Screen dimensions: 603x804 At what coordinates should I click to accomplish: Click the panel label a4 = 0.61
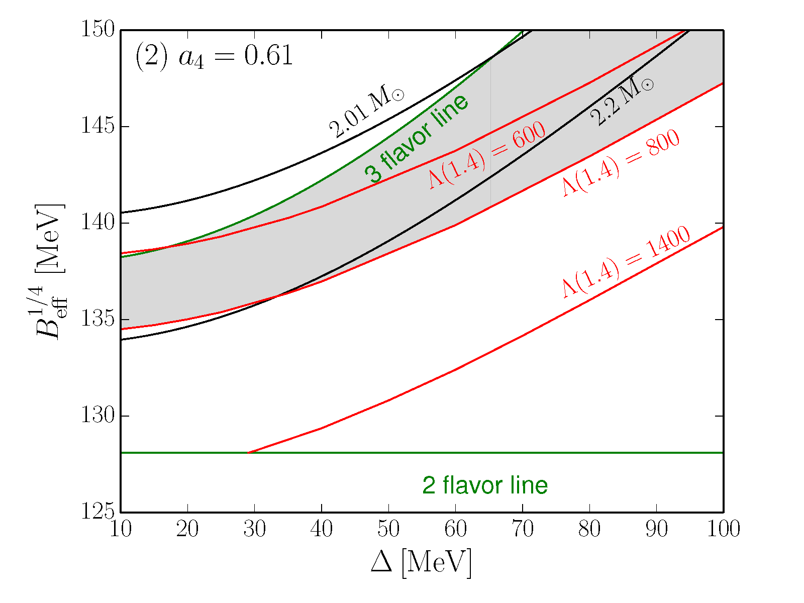pyautogui.click(x=214, y=56)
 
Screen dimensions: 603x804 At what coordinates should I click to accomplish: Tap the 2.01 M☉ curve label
pyautogui.click(x=366, y=114)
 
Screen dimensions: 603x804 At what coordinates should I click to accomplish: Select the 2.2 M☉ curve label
pyautogui.click(x=622, y=103)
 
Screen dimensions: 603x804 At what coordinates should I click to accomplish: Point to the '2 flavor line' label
pyautogui.click(x=485, y=485)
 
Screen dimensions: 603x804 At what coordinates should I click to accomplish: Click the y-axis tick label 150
pyautogui.click(x=97, y=29)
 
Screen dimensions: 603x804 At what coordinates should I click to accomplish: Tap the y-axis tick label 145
pyautogui.click(x=97, y=126)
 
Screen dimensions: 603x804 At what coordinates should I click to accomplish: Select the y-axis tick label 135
pyautogui.click(x=97, y=320)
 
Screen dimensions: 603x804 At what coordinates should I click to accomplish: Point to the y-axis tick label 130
pyautogui.click(x=97, y=416)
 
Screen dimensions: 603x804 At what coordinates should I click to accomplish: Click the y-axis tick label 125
pyautogui.click(x=97, y=512)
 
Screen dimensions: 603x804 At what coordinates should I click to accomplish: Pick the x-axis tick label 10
pyautogui.click(x=121, y=529)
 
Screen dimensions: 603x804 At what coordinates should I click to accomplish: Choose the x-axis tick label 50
pyautogui.click(x=388, y=529)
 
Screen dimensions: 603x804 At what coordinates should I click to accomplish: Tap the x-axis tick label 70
pyautogui.click(x=523, y=529)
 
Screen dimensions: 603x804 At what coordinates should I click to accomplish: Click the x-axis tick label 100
pyautogui.click(x=723, y=529)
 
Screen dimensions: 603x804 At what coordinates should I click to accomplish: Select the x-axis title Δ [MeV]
pyautogui.click(x=422, y=563)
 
